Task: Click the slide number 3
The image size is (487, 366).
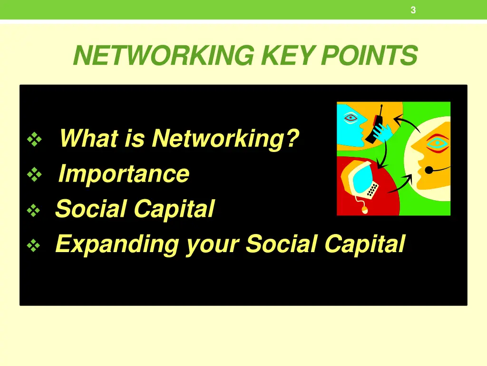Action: pos(413,10)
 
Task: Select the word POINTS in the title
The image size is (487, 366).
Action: pos(369,56)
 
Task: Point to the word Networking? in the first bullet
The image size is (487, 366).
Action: pos(225,139)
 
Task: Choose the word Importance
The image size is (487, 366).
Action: pos(124,174)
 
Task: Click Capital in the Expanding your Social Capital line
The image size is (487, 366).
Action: pos(364,244)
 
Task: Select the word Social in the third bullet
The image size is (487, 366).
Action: pos(91,209)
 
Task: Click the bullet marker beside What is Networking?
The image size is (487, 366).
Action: pos(34,140)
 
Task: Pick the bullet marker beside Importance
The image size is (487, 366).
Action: pos(34,175)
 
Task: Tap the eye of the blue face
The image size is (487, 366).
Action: pos(351,117)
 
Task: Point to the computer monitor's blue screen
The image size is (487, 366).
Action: pos(357,179)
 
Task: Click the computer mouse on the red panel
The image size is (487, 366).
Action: pos(365,209)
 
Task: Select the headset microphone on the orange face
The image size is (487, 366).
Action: pos(429,169)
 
